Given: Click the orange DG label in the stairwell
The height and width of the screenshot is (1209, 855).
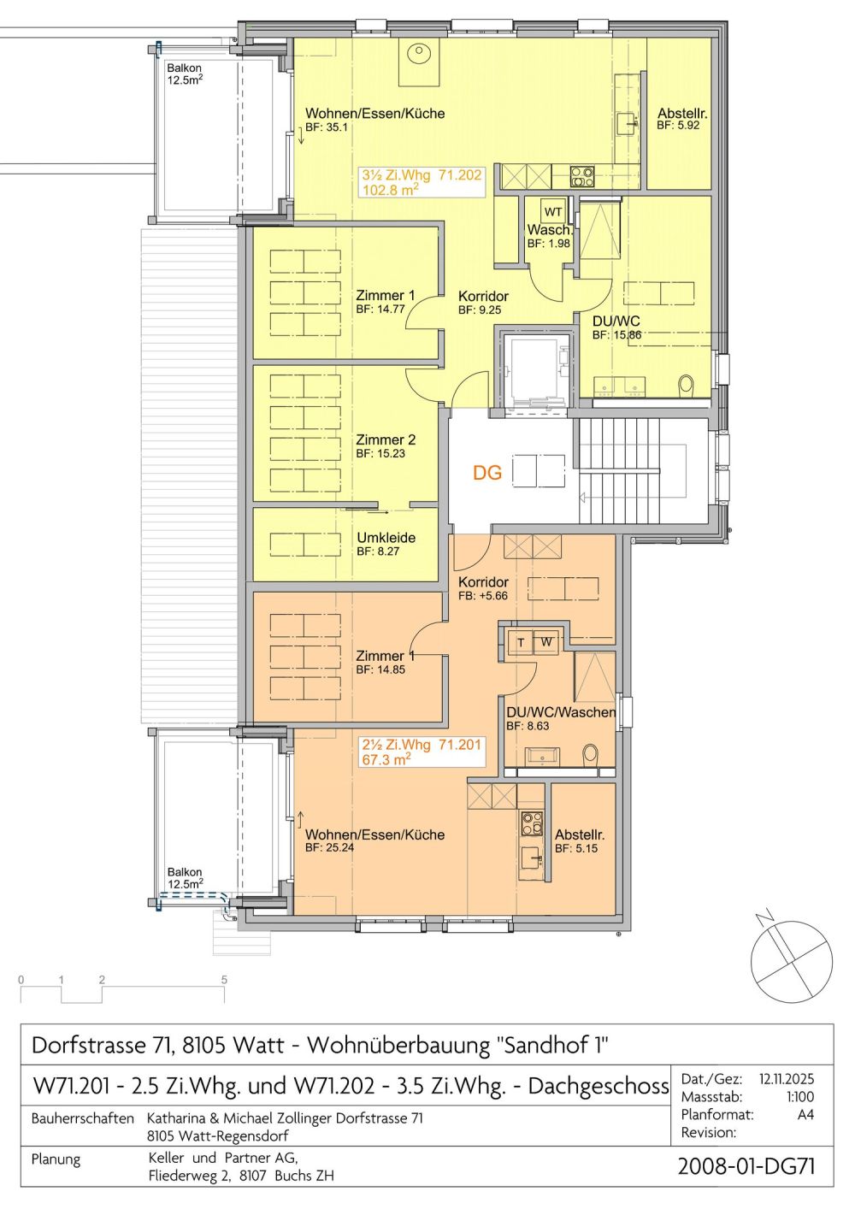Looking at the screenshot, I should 487,473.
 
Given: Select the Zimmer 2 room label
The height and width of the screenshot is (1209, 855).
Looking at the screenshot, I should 386,439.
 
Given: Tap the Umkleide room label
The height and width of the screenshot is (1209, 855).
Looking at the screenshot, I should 386,538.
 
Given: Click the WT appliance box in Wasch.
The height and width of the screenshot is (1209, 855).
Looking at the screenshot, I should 553,212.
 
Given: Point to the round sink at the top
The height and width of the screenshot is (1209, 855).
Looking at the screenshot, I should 419,54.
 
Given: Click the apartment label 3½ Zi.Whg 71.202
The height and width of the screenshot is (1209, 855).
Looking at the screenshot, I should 422,175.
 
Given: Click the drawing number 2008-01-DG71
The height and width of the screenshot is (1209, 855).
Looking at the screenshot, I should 746,1166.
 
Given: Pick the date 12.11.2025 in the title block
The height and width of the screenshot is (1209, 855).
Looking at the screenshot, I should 786,1079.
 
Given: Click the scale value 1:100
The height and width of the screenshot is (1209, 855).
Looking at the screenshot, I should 799,1097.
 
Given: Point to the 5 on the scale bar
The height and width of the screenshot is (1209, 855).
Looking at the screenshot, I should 224,980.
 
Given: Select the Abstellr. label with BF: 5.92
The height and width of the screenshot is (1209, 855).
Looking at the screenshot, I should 681,114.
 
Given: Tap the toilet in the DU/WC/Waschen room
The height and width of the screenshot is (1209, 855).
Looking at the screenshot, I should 591,757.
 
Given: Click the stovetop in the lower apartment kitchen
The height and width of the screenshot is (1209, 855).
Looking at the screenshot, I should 532,823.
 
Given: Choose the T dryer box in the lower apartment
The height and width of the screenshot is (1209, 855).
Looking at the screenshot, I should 520,642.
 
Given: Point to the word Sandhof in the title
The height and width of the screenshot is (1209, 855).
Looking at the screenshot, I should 547,1045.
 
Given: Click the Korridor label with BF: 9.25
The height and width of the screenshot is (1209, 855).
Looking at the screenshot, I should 483,297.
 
